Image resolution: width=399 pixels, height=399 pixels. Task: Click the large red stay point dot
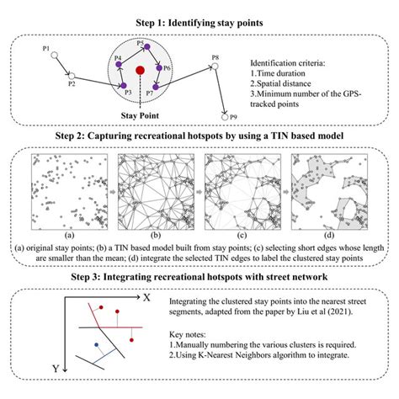point(140,70)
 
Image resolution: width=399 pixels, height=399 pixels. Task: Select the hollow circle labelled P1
point(55,56)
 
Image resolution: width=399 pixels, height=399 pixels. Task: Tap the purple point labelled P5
point(147,47)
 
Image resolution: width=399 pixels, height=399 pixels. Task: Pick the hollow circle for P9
point(225,117)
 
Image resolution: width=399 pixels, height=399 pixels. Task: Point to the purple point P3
point(124,86)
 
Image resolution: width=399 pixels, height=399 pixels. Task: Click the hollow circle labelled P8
point(215,66)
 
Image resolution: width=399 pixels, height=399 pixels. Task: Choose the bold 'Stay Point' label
point(140,115)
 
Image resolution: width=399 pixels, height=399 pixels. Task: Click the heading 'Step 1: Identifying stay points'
point(199,23)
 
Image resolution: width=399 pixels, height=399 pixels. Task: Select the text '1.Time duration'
point(278,73)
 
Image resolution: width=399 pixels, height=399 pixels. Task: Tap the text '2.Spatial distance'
point(280,83)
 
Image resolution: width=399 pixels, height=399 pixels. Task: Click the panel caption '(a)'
point(69,235)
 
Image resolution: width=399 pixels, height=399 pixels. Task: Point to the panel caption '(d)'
point(329,235)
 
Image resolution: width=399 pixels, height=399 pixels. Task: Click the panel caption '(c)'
point(242,235)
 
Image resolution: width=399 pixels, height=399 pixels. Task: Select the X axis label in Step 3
point(146,297)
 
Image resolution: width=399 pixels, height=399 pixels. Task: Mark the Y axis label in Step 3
point(56,369)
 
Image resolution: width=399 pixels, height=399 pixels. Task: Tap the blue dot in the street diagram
point(97,344)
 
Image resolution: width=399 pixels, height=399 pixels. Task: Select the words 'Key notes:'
point(188,334)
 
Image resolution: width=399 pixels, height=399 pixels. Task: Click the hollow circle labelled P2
point(72,76)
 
